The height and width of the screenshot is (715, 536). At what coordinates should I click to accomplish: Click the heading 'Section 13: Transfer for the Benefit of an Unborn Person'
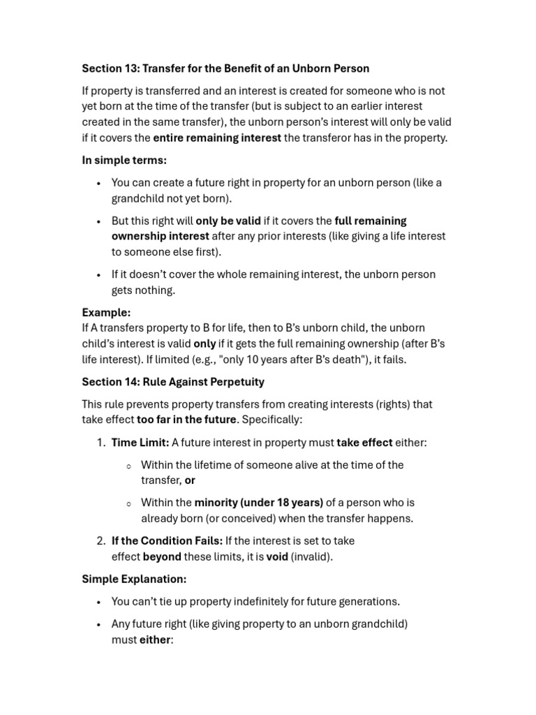point(225,68)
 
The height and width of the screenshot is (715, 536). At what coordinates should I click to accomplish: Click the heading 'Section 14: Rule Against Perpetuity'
point(173,382)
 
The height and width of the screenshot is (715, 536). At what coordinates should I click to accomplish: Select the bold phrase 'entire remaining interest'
point(217,138)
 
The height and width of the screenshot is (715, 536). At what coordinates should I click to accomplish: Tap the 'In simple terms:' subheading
point(124,160)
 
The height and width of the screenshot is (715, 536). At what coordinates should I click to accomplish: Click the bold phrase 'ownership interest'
point(160,236)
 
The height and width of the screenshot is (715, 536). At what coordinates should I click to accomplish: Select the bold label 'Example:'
point(106,312)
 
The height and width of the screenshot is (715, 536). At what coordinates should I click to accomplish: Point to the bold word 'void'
point(277,556)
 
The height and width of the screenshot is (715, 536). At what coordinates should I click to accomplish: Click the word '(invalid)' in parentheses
point(311,556)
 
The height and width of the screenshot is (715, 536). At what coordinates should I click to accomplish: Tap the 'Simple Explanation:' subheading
point(134,579)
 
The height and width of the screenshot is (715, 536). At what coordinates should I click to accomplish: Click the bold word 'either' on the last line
point(154,640)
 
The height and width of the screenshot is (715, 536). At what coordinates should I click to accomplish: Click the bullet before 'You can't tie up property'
point(99,602)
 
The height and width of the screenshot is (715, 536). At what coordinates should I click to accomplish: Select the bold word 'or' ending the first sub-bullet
point(190,480)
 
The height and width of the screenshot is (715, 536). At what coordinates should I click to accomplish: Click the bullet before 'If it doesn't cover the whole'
point(99,274)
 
